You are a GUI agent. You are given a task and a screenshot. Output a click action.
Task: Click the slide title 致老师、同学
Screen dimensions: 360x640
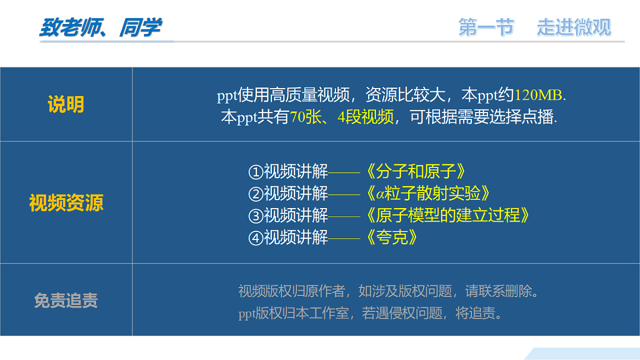tap(100, 28)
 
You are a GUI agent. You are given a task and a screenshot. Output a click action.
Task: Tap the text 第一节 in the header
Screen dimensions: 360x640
tap(486, 27)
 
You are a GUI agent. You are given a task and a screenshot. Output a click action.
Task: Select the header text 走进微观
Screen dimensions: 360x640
tap(574, 27)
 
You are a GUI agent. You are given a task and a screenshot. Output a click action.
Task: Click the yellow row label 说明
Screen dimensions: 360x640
tap(66, 105)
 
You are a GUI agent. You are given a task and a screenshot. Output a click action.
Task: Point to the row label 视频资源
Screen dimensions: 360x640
tap(66, 203)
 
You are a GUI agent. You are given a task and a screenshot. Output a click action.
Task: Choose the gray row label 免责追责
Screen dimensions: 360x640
tap(66, 301)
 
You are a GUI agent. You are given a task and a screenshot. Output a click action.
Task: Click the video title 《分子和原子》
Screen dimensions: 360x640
tap(416, 172)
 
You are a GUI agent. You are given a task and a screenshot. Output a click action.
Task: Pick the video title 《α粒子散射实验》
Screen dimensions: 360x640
tap(428, 194)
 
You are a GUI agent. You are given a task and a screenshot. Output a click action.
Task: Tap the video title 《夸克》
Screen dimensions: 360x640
tap(391, 237)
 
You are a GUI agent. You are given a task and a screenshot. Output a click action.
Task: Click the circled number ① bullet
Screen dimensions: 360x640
tap(256, 172)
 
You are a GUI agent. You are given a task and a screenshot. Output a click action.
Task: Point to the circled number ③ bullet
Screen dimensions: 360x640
tap(256, 216)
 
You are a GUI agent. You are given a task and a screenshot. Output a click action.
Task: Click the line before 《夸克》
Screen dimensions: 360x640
tap(345, 238)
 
